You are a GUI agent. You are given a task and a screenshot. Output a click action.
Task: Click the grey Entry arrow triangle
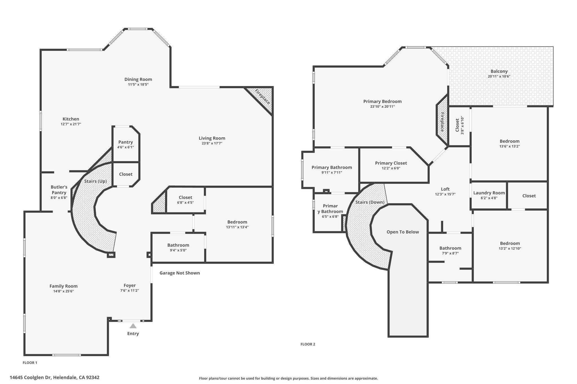click(133, 326)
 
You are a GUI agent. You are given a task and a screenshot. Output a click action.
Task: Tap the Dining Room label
click(138, 79)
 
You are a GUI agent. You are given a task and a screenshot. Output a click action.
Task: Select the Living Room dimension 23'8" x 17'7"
click(212, 143)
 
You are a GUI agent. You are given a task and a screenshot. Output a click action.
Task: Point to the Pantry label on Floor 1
click(125, 142)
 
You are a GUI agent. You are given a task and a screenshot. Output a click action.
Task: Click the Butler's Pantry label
click(59, 190)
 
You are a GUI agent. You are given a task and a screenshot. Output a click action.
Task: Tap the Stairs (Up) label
click(96, 181)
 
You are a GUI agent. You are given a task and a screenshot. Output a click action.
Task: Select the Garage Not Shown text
click(179, 273)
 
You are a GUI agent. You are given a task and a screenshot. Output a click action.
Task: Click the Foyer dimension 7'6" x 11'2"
click(130, 291)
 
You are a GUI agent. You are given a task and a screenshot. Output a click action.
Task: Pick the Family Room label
click(63, 286)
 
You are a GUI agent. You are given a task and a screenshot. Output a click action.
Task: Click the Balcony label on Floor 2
click(499, 71)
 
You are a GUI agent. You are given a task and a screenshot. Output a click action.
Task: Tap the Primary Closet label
click(391, 163)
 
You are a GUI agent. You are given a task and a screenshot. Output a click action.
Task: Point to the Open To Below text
click(403, 232)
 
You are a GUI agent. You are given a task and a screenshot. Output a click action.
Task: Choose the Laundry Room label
click(489, 193)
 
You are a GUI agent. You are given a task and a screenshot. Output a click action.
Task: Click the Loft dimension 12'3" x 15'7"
click(445, 194)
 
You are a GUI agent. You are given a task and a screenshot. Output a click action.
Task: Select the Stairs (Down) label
click(370, 202)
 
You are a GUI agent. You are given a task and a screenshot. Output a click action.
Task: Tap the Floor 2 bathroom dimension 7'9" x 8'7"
click(450, 253)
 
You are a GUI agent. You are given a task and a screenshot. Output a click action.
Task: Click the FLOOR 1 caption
click(30, 363)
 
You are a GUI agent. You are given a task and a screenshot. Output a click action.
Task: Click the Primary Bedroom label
click(382, 101)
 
